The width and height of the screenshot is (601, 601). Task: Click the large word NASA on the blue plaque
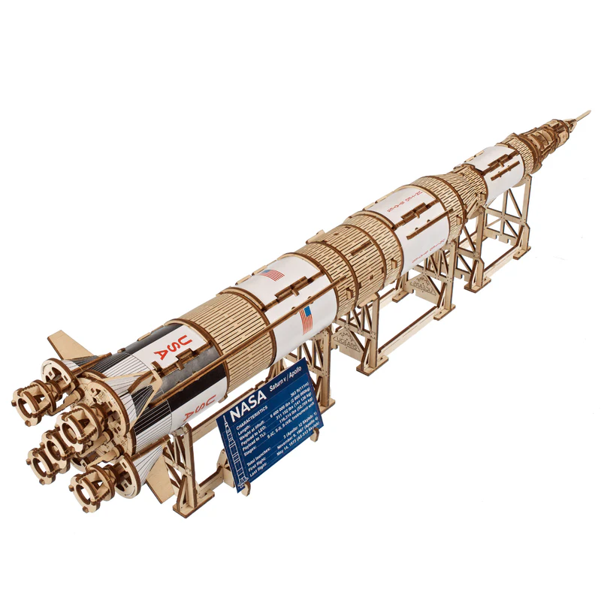pyautogui.click(x=249, y=412)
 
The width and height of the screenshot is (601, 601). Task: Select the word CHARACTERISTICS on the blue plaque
pyautogui.click(x=248, y=430)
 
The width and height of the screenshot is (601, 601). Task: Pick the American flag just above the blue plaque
pyautogui.click(x=307, y=319)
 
